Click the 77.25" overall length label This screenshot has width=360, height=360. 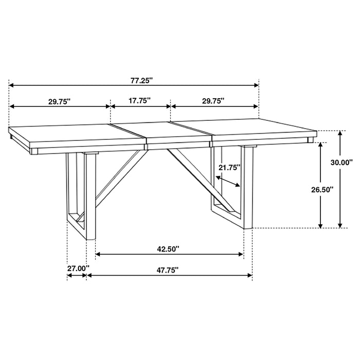pyautogui.click(x=141, y=80)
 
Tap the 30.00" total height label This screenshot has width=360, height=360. pyautogui.click(x=341, y=163)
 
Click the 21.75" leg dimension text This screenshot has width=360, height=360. pyautogui.click(x=229, y=167)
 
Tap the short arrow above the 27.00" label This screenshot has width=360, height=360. pyautogui.click(x=77, y=276)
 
